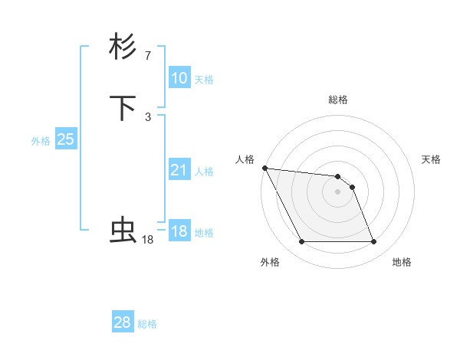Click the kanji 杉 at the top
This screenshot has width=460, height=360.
(123, 47)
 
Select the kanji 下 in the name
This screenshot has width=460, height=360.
(123, 107)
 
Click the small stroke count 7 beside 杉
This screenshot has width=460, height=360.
(148, 55)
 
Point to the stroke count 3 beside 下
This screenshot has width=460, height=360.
(148, 116)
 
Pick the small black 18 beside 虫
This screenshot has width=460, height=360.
(148, 240)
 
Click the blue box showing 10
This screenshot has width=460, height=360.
(179, 78)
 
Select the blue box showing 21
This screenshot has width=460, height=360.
(179, 171)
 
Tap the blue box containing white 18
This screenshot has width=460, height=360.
(179, 231)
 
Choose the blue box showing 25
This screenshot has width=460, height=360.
(66, 139)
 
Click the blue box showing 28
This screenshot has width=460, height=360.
(123, 322)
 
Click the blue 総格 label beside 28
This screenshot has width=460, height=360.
(147, 324)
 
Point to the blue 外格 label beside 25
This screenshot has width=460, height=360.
(41, 141)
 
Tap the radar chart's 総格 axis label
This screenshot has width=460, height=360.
(338, 100)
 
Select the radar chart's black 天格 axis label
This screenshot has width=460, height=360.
(432, 159)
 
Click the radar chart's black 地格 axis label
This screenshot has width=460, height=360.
(402, 262)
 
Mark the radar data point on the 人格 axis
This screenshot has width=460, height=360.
(264, 168)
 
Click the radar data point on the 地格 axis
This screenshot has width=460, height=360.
(374, 242)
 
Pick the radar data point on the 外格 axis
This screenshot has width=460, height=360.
(301, 242)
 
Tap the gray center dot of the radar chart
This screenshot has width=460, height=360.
(338, 191)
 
